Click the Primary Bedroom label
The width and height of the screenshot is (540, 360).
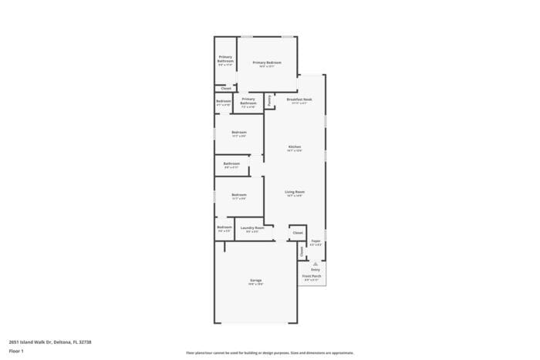click(266, 62)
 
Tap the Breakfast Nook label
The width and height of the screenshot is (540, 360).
click(299, 99)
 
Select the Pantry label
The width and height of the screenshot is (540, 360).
click(269, 100)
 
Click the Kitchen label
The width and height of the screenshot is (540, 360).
click(295, 146)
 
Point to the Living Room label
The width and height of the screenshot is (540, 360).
click(295, 192)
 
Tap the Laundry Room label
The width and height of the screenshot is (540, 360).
click(252, 227)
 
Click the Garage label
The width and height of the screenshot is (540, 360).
click(255, 280)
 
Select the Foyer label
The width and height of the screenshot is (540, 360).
click(316, 241)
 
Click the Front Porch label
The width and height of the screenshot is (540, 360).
click(312, 275)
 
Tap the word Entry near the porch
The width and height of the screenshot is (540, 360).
click(316, 269)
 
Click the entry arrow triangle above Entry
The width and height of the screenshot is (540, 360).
click(316, 263)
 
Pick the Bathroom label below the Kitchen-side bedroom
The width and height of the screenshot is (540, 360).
click(231, 163)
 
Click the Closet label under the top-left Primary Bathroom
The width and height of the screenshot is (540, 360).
click(225, 89)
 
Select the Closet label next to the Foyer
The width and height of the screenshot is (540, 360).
click(298, 232)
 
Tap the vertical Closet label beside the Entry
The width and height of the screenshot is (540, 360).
click(302, 251)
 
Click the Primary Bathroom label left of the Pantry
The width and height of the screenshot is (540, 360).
click(248, 100)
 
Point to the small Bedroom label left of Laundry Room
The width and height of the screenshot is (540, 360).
click(224, 227)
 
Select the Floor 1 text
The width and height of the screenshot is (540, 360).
click(16, 352)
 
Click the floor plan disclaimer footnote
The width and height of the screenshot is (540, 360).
click(270, 353)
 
